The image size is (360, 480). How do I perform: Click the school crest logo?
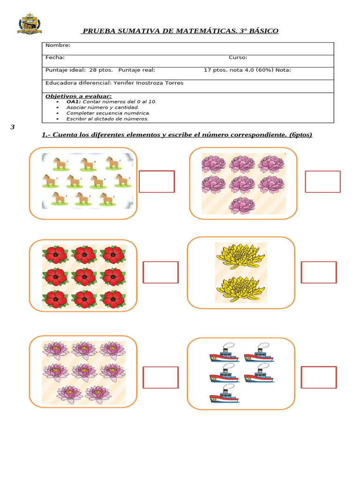[x=30, y=24]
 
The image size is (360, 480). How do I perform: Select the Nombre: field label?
[x=58, y=45]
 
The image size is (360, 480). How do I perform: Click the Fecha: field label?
[x=55, y=58]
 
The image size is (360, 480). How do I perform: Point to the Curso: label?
[x=238, y=58]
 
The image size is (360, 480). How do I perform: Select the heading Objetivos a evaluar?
[x=78, y=96]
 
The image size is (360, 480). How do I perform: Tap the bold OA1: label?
[x=74, y=102]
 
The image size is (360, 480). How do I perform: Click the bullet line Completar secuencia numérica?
[x=108, y=113]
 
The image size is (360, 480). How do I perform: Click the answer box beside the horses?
[x=157, y=181]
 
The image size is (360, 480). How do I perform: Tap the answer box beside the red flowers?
[x=160, y=272]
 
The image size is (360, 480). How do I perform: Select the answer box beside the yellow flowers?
[x=319, y=272]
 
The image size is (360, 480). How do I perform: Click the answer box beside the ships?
[x=319, y=377]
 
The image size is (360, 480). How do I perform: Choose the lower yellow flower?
[x=240, y=289]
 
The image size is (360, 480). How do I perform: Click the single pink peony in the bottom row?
[x=242, y=205]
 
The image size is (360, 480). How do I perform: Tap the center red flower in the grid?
[x=84, y=277]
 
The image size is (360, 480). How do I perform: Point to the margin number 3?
[x=13, y=127]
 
